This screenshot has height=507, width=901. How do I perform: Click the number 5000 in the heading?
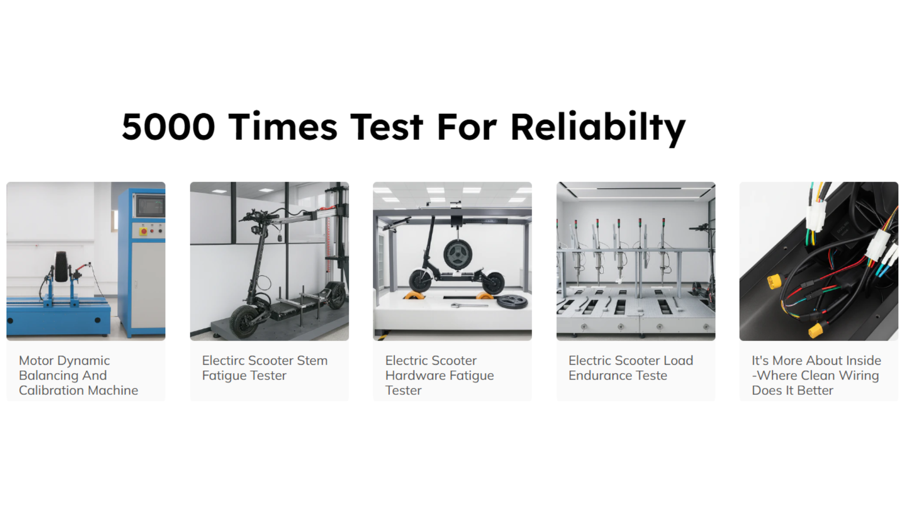coord(168,127)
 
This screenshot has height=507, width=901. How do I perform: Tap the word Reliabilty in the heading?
coord(598,128)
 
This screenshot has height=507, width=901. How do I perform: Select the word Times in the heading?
coord(283,126)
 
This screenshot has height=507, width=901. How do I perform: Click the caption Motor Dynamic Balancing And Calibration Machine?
coord(78,375)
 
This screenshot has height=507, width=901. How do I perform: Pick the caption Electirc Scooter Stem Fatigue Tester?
coord(265,368)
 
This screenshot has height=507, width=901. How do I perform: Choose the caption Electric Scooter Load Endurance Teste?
coord(631,368)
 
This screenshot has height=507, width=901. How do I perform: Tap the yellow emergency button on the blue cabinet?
coord(144,231)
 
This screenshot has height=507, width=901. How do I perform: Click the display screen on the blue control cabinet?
coord(151,206)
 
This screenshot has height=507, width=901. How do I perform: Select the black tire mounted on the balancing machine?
coord(61,267)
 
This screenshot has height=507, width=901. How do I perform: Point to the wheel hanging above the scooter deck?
coord(457,255)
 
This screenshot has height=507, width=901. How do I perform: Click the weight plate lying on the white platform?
coord(512,301)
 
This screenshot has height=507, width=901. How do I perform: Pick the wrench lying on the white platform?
coord(469,306)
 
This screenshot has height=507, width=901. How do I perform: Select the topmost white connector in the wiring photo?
coord(815,217)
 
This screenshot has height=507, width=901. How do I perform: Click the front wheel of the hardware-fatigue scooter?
coord(420,280)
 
